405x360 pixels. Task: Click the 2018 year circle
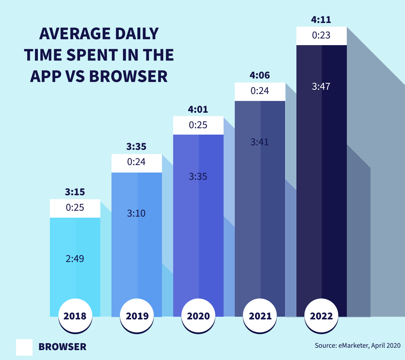click(x=75, y=316)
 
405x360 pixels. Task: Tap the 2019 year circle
click(x=137, y=316)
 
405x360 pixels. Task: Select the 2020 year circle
click(x=198, y=316)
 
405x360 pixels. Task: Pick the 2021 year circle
click(x=260, y=316)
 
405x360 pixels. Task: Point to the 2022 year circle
click(x=321, y=316)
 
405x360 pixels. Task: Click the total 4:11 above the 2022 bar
click(x=321, y=20)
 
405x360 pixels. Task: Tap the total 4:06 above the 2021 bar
click(x=260, y=75)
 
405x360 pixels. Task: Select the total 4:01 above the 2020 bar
click(x=198, y=109)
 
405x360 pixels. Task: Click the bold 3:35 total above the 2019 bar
click(x=136, y=147)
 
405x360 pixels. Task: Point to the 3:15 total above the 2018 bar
click(x=75, y=192)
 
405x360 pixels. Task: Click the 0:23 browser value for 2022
click(x=321, y=35)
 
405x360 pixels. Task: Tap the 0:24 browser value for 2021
click(x=260, y=91)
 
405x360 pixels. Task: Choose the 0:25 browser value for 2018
click(x=75, y=208)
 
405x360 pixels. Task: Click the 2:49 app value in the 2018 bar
click(x=75, y=259)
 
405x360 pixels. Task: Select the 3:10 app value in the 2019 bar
click(x=136, y=213)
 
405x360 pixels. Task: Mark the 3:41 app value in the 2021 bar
click(x=259, y=142)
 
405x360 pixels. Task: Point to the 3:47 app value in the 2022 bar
click(x=321, y=87)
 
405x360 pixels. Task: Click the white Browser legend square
click(x=24, y=347)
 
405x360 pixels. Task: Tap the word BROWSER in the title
click(x=128, y=76)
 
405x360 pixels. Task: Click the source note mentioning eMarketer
click(x=358, y=346)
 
